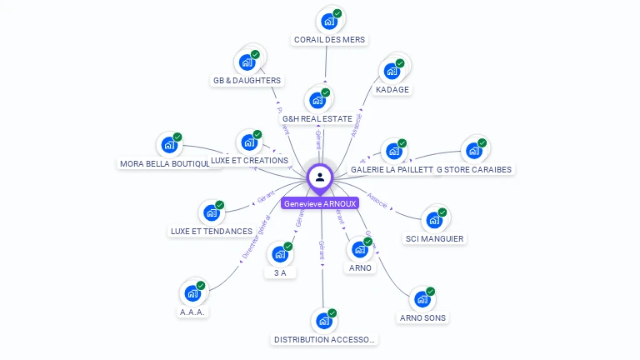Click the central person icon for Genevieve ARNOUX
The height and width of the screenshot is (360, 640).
click(x=320, y=177)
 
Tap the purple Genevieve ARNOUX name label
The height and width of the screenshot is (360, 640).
click(x=320, y=203)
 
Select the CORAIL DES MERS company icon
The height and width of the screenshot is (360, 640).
click(x=329, y=21)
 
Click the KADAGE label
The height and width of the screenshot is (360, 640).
click(x=392, y=89)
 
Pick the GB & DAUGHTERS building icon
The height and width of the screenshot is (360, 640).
click(x=247, y=62)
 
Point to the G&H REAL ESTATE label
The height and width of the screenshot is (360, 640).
click(x=317, y=119)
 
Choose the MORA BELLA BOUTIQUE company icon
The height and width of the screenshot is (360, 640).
click(x=169, y=145)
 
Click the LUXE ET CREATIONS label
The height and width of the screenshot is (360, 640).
click(x=249, y=160)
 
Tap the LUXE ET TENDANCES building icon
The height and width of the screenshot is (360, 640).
click(x=212, y=212)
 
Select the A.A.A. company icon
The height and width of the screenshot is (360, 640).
click(x=192, y=292)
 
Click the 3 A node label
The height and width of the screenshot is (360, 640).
click(x=280, y=273)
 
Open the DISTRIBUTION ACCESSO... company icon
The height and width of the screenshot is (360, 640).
click(x=324, y=320)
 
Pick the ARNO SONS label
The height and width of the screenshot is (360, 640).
click(x=422, y=317)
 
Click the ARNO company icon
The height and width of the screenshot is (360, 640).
click(x=360, y=249)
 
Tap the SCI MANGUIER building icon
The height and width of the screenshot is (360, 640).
click(x=434, y=220)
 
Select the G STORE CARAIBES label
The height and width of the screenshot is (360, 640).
click(x=473, y=169)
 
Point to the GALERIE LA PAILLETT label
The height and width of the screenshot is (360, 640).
click(x=392, y=169)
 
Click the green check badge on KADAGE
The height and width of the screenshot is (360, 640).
click(x=400, y=63)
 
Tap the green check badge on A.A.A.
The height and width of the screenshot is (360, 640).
click(x=200, y=285)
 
